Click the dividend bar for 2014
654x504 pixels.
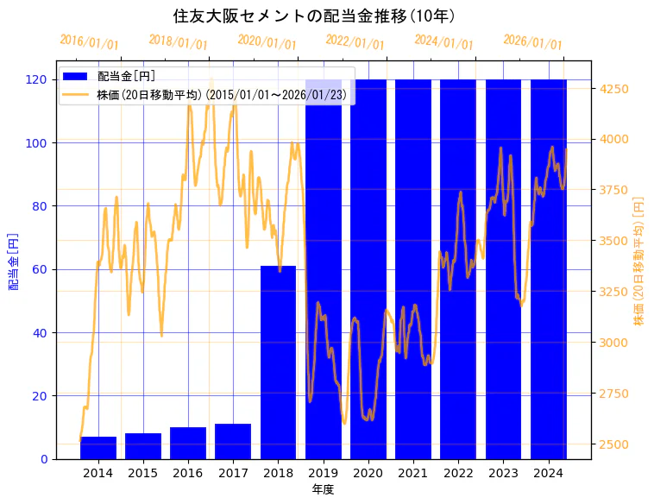[x=98, y=448]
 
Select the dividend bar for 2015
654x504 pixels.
[x=143, y=446]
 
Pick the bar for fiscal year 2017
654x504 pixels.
[x=233, y=441]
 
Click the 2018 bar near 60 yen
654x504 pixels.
[x=278, y=362]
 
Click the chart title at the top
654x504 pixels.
[x=314, y=16]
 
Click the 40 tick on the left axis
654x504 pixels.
[x=41, y=332]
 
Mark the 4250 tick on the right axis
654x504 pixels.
[x=613, y=89]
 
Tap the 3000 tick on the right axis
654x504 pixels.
[x=613, y=343]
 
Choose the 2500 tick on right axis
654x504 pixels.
[x=613, y=444]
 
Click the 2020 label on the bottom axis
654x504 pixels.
[x=368, y=472]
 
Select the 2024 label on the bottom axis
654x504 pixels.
[x=548, y=472]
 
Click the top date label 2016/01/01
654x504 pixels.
[x=90, y=42]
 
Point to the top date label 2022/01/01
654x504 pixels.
[x=355, y=41]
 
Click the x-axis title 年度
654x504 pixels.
[x=323, y=489]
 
